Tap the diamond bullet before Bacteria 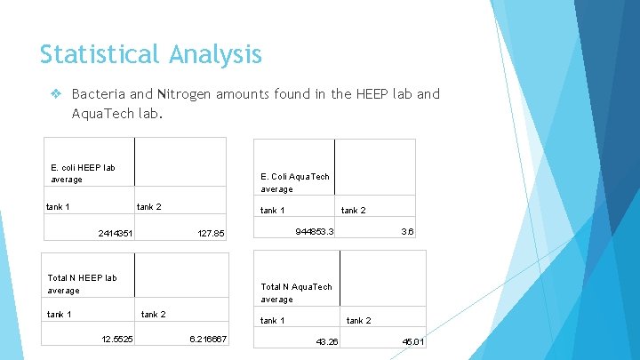[55, 93]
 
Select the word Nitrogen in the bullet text [186, 93]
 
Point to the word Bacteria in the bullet [100, 93]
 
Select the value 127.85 [212, 234]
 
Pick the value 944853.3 [314, 231]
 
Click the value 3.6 [407, 231]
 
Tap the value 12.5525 [117, 340]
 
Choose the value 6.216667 [209, 340]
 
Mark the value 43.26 [327, 342]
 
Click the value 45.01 [413, 342]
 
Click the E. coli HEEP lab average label [83, 173]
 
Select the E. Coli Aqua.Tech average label [294, 182]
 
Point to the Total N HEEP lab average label [82, 284]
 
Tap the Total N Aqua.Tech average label [296, 292]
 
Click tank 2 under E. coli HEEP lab [148, 207]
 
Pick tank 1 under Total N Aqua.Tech [272, 320]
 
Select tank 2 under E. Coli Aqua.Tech [354, 211]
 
